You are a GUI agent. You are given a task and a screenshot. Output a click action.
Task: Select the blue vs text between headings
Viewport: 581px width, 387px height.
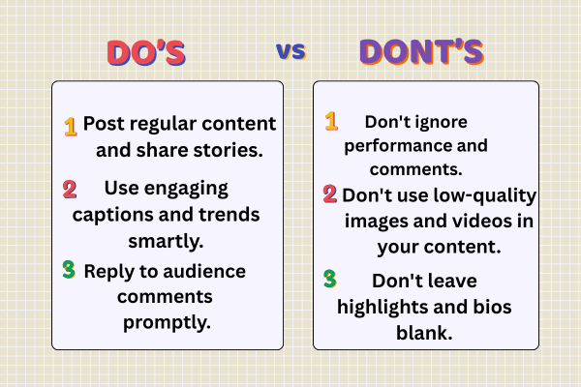tap(290, 50)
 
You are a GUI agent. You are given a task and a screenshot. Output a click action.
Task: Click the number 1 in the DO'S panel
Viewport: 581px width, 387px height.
tap(70, 127)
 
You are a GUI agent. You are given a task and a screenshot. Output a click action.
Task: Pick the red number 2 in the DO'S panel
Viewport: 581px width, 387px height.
tap(70, 188)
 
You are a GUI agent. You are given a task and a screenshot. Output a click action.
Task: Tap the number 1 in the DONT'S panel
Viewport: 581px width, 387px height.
tap(331, 122)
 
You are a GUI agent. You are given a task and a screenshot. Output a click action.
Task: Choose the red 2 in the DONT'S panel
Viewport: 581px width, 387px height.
tap(330, 195)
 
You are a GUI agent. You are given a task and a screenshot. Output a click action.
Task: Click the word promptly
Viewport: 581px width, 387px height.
tap(168, 321)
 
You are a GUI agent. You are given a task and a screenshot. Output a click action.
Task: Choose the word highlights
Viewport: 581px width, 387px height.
tap(382, 306)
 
